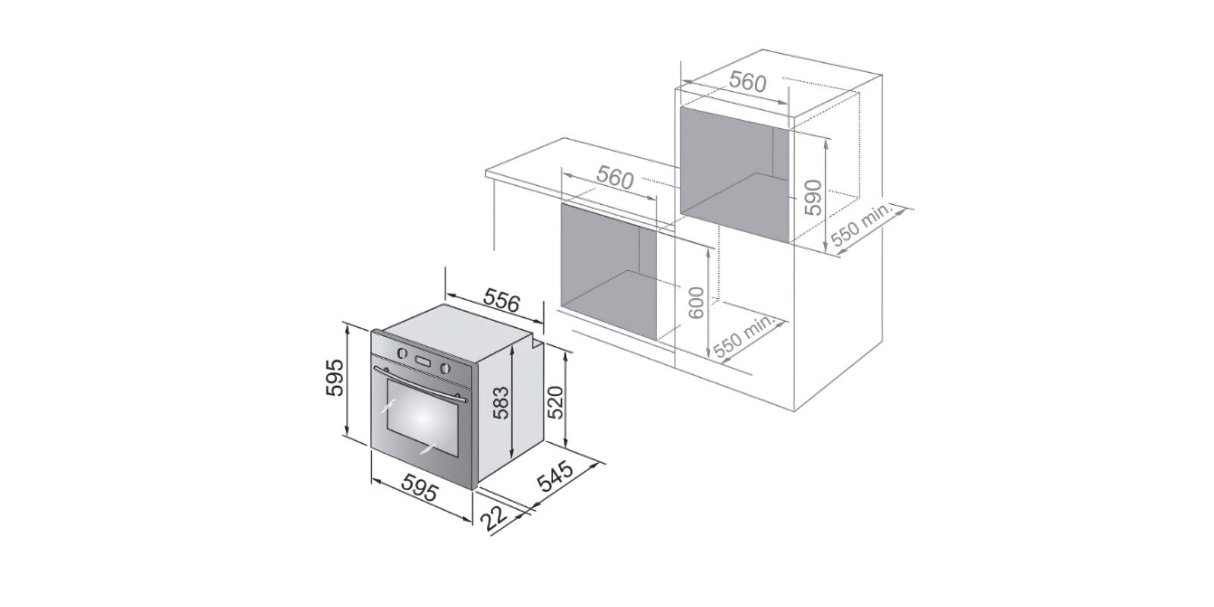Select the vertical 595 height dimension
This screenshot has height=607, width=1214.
pos(335,378)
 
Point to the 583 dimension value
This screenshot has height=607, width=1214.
pos(500,402)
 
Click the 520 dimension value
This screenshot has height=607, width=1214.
pos(555,402)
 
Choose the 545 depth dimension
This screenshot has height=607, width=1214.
pos(555,475)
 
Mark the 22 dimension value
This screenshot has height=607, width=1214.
pos(494,519)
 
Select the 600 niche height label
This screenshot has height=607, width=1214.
pos(696,303)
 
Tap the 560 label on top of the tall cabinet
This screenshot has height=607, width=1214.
pos(748,82)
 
